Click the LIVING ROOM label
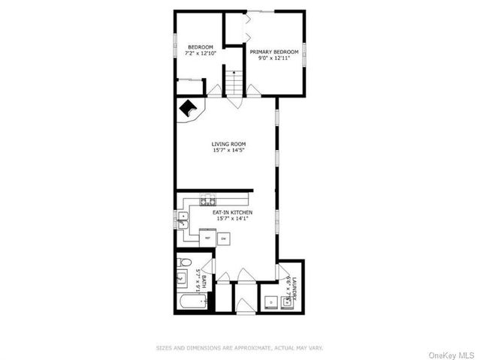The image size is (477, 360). (x=228, y=143)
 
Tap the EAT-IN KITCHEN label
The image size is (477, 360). (x=231, y=212)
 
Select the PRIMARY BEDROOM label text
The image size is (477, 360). (x=274, y=52)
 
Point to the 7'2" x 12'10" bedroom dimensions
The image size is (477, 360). (x=201, y=53)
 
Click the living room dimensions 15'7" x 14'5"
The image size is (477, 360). (x=228, y=150)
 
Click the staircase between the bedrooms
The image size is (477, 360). (x=234, y=82)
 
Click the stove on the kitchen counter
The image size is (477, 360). (x=207, y=200)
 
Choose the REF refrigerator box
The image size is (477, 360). (x=208, y=238)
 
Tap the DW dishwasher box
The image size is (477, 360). (x=223, y=238)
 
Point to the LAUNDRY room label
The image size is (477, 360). (x=294, y=289)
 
